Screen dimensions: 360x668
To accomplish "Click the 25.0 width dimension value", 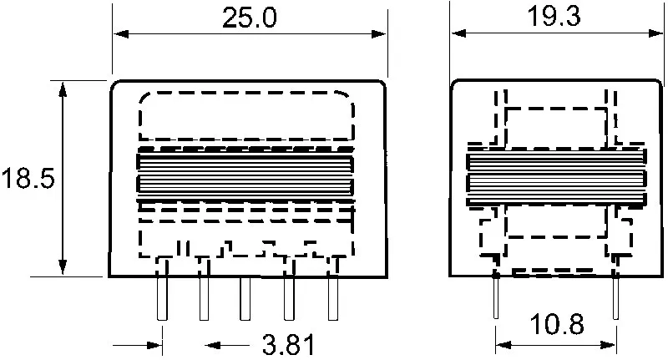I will (250, 18).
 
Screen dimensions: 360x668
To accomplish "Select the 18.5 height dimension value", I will (28, 179).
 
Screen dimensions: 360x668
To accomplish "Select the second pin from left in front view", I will (204, 297).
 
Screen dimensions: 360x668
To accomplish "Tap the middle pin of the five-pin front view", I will (245, 297).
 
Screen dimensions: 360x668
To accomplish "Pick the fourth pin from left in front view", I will (288, 297).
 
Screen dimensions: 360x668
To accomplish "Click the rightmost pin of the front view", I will (332, 297).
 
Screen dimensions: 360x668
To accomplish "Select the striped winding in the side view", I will (556, 178).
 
